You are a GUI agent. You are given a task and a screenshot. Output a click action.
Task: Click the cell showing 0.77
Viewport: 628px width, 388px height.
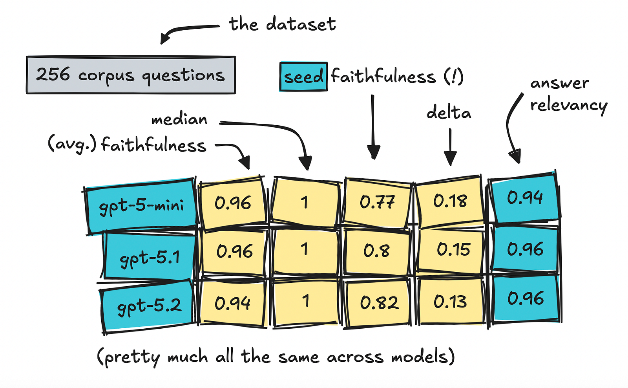[x=377, y=202]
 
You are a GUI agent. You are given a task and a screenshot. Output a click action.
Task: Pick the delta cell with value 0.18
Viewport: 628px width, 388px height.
[x=450, y=201]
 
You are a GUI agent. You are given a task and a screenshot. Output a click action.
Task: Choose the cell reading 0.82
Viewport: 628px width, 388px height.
[x=379, y=303]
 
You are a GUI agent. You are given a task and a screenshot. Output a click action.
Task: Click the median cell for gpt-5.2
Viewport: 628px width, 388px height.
[x=306, y=302]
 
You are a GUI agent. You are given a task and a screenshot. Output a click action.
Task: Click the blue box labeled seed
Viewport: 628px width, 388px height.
[x=303, y=76]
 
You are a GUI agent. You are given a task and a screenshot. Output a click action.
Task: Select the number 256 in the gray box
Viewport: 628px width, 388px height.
[x=53, y=74]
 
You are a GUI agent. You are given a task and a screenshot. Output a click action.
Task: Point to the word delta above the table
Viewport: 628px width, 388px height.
[x=449, y=112]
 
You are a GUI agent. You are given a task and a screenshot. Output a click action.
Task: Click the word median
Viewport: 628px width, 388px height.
[x=179, y=119]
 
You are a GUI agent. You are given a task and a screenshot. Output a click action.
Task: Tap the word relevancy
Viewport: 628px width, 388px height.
[x=568, y=106]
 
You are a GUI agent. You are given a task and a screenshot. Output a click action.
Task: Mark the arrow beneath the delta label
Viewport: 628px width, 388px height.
[x=450, y=147]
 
